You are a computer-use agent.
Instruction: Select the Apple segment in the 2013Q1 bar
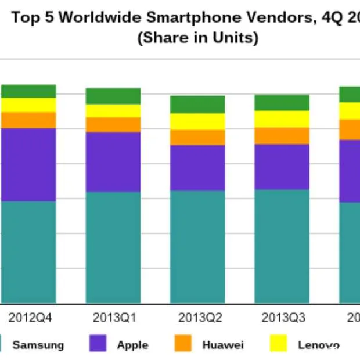(x=113, y=161)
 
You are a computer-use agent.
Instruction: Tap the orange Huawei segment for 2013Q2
(x=197, y=137)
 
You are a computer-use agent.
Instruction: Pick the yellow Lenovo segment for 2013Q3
(x=282, y=119)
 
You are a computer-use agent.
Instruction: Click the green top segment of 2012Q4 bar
(x=28, y=91)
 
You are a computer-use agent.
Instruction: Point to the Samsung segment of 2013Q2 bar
(x=197, y=246)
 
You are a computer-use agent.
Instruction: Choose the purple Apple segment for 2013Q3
(x=282, y=167)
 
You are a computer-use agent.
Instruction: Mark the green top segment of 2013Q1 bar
(x=113, y=96)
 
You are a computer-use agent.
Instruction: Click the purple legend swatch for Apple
(x=98, y=344)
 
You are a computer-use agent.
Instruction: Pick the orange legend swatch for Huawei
(x=183, y=344)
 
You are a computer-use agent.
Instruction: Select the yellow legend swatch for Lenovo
(x=279, y=344)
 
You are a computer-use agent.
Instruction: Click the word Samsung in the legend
(x=38, y=345)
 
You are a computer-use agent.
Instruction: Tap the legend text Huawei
(x=223, y=345)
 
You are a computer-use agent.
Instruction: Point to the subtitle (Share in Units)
(x=197, y=38)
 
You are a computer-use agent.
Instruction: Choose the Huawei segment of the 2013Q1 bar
(x=113, y=124)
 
